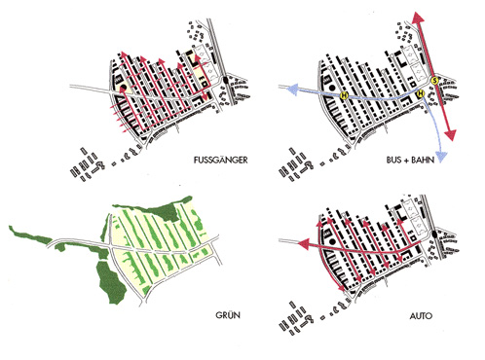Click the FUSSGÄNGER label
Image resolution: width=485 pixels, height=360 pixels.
[220, 160]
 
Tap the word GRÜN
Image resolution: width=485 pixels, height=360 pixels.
[228, 314]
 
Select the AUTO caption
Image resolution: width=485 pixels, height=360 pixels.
[421, 315]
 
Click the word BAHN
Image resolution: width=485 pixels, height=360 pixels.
[423, 160]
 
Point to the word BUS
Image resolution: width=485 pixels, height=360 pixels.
[393, 160]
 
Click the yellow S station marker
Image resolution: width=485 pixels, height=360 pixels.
[434, 81]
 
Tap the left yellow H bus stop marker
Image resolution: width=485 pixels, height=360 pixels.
[344, 95]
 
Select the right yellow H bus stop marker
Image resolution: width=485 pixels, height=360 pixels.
[421, 93]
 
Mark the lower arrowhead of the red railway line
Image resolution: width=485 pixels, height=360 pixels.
[451, 134]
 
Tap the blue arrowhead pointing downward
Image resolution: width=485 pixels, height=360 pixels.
[441, 157]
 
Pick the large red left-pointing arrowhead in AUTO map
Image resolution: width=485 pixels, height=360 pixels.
[304, 243]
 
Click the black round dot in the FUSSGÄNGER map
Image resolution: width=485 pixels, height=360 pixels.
[124, 88]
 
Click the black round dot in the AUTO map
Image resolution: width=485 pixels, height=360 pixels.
[332, 241]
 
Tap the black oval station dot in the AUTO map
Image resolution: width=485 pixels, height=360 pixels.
[434, 234]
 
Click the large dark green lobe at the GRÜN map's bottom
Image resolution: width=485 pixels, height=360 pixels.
[111, 282]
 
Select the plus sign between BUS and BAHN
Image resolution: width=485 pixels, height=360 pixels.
[406, 161]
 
